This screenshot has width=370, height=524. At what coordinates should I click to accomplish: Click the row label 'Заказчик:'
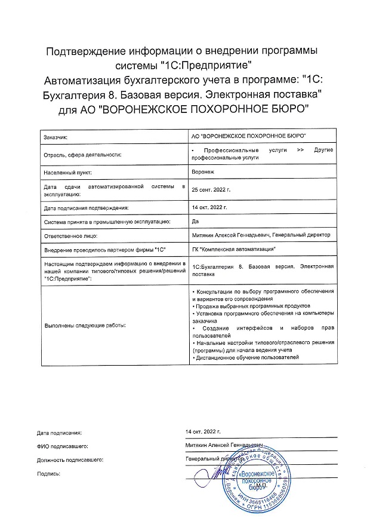click(55, 137)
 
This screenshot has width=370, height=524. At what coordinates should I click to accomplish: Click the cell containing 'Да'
click(195, 221)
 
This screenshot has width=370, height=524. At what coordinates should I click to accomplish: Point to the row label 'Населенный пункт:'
click(67, 171)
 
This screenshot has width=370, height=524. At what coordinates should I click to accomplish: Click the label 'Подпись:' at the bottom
click(49, 473)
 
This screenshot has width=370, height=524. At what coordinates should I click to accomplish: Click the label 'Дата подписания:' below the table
click(59, 431)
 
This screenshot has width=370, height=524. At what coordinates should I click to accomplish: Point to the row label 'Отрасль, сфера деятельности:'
click(82, 155)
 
